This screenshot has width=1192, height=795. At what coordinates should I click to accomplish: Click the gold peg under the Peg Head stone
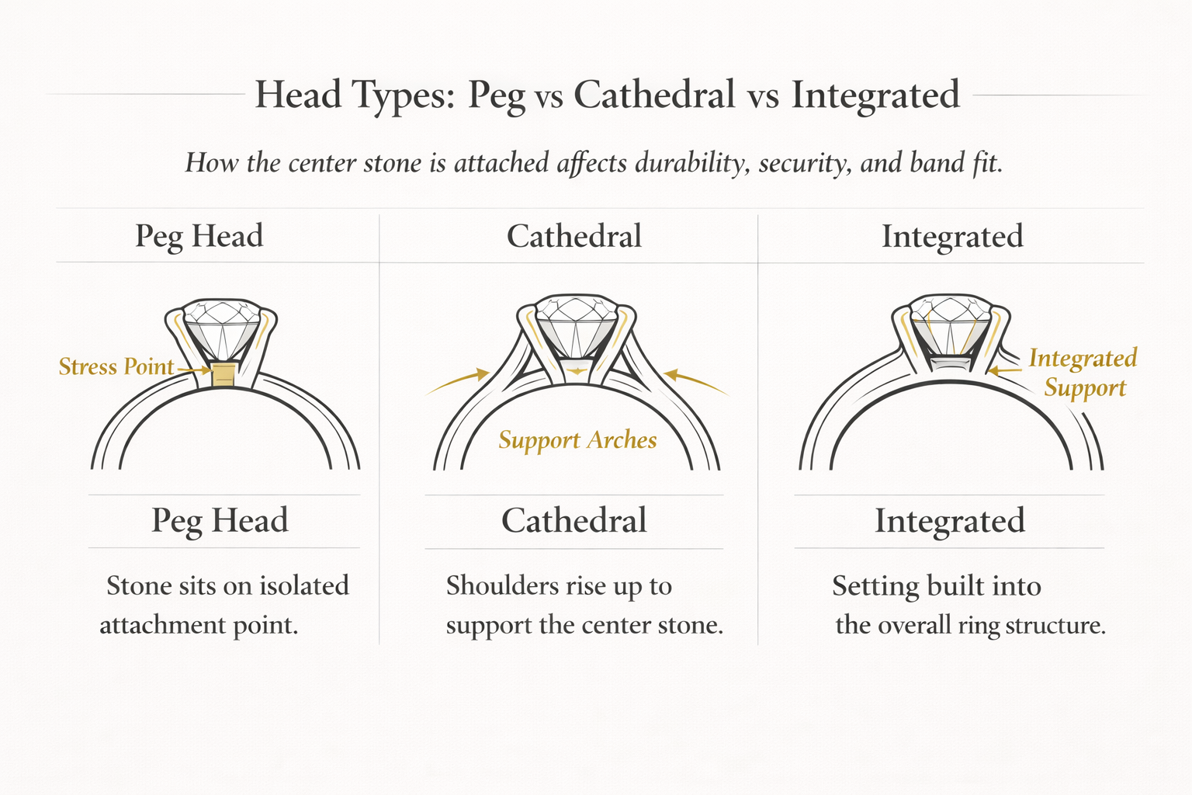coord(223,374)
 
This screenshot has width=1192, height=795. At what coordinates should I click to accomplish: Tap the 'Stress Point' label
coord(116,366)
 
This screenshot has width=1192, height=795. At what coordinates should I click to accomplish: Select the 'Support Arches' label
coord(577,440)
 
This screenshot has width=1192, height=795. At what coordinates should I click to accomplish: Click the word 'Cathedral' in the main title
coord(654,95)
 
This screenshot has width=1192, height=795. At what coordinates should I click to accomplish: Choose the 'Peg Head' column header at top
coord(199,236)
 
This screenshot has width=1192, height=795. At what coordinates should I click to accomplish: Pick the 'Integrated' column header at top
coord(952,236)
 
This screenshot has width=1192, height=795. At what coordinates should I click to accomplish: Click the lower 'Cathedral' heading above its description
coord(574,520)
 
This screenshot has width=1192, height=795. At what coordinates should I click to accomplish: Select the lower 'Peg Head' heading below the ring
coord(220,520)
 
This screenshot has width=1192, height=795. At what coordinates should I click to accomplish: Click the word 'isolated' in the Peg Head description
coord(304,585)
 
